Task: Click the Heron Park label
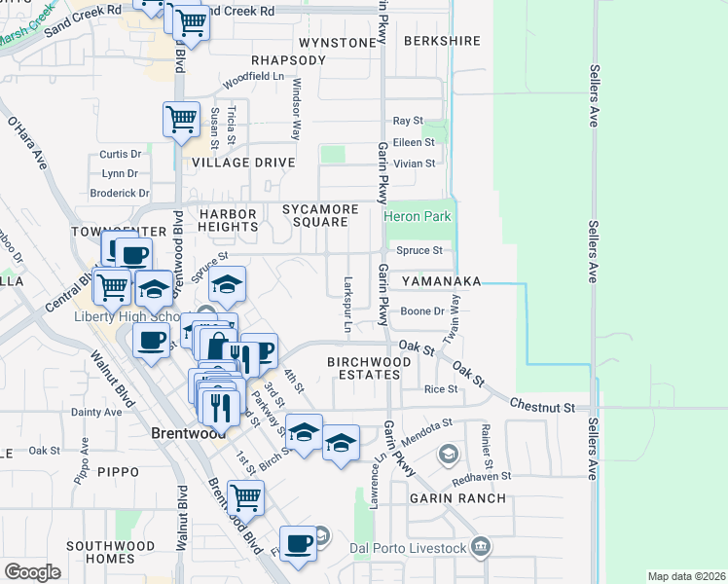[418, 216]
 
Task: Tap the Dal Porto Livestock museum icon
[479, 548]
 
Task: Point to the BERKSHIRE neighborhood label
[442, 41]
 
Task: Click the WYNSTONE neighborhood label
[337, 43]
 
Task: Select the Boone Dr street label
[423, 311]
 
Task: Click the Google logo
[33, 572]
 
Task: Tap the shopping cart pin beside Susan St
[181, 120]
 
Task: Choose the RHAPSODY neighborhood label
[288, 60]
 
